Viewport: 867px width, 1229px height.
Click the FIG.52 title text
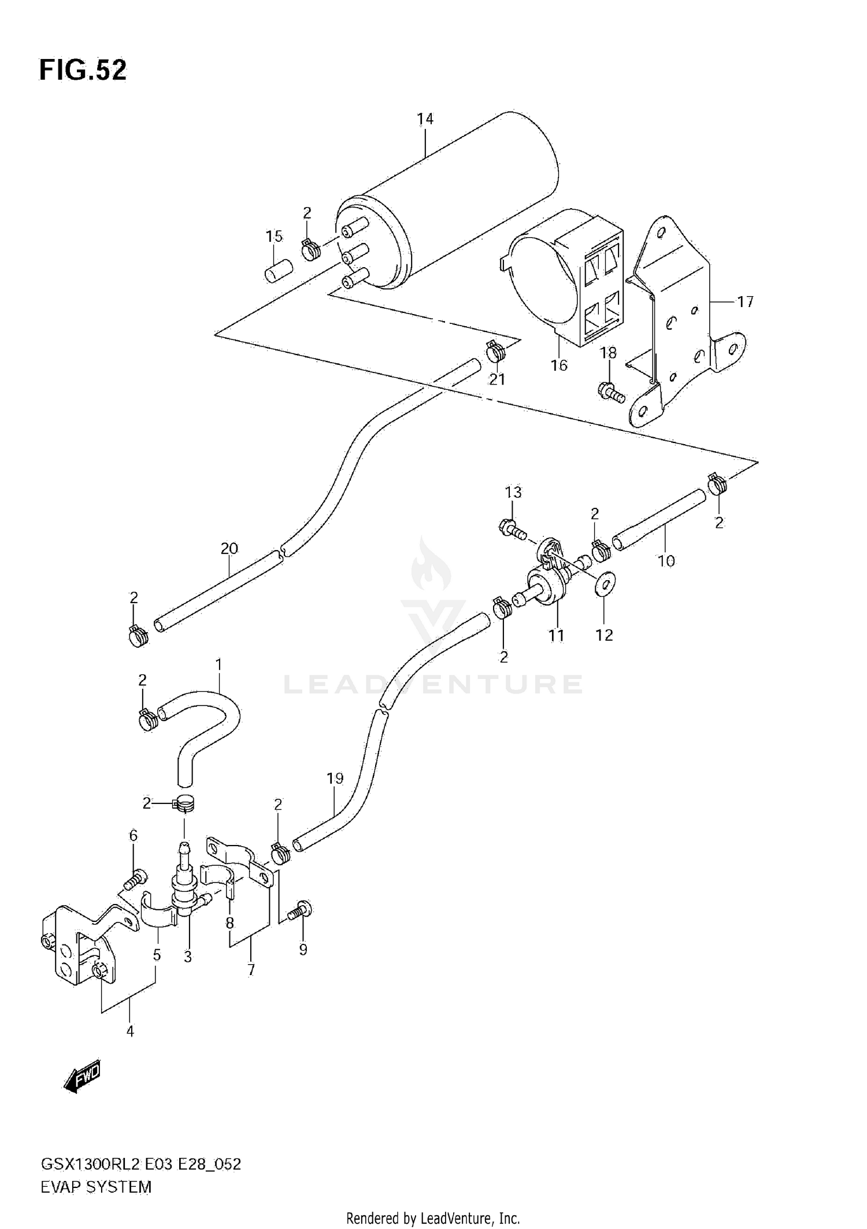83,71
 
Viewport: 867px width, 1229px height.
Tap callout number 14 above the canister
425,119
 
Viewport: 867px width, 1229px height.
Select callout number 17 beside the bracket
745,301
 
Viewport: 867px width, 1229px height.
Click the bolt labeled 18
612,393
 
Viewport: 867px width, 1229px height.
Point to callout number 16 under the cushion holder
559,365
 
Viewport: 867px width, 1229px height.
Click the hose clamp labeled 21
495,351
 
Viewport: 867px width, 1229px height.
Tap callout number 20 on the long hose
229,548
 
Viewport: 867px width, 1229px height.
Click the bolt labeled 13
512,528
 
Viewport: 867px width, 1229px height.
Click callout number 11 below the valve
556,635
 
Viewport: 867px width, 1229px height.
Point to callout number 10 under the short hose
666,560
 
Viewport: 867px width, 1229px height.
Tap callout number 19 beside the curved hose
335,778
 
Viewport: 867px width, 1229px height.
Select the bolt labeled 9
300,912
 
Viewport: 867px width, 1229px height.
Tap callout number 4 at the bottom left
130,1031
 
